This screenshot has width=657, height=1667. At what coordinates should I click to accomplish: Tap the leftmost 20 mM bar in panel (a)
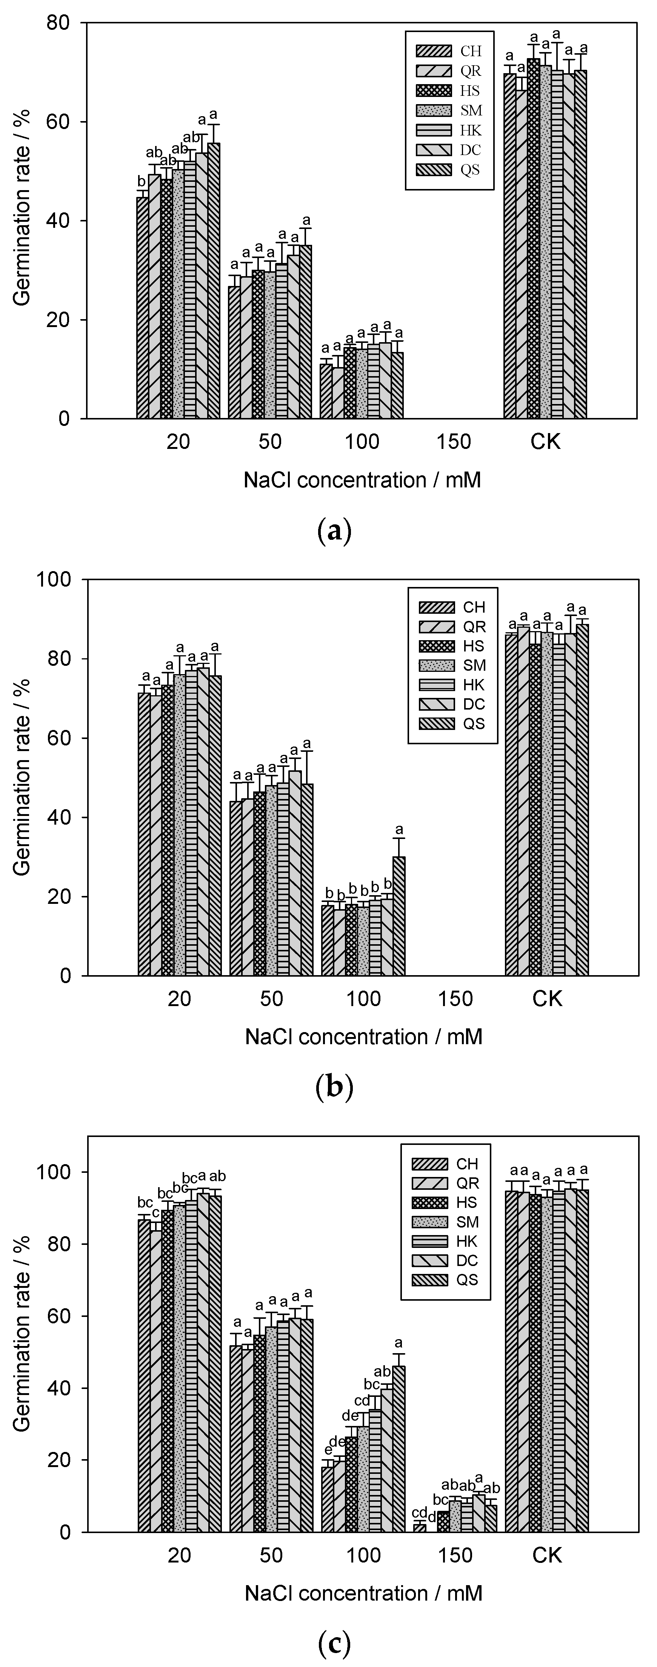coord(142,307)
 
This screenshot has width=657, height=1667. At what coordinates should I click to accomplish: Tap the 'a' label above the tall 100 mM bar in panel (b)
coord(399,830)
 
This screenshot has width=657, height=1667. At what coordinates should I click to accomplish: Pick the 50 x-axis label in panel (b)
coord(271,999)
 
